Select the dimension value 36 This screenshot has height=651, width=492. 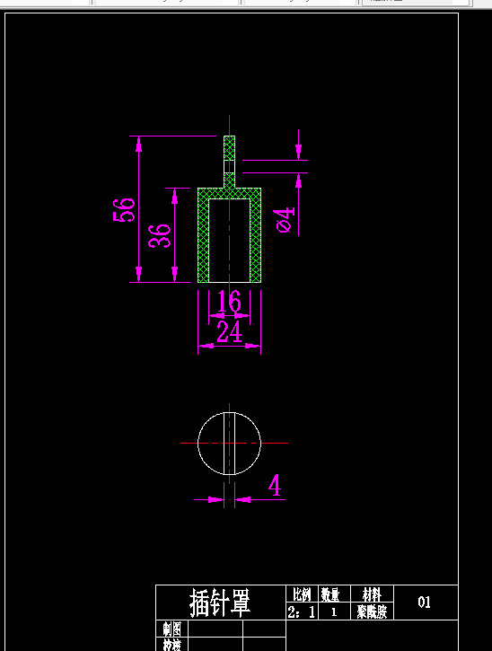pos(159,235)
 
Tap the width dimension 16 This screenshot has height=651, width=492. pos(230,302)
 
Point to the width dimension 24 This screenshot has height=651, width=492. pos(230,333)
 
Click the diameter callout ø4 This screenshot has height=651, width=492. pos(285,219)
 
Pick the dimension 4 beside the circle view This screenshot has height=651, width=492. pos(275,487)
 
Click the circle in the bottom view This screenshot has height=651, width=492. pos(213,444)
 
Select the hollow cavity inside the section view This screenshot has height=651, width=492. pos(230,240)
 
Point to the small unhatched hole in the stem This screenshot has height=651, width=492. pos(229,166)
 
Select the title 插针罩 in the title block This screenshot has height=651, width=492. pos(219,603)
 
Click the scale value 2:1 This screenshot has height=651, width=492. pos(301,612)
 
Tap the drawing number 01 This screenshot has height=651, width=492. pos(425,603)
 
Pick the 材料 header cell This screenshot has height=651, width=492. pos(371,594)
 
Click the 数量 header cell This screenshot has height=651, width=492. pos(330,594)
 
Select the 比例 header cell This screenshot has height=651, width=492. pos(301,594)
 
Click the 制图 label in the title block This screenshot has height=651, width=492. pos(171,629)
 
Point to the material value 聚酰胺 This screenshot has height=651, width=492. pos(371,612)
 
